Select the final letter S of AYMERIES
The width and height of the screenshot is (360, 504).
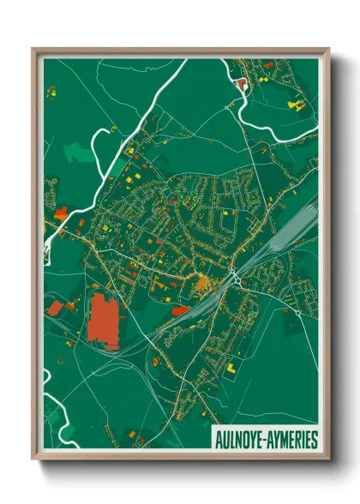click(x=314, y=440)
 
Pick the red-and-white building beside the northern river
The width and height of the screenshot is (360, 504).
click(x=241, y=84)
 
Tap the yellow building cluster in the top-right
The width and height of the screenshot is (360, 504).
click(x=296, y=105)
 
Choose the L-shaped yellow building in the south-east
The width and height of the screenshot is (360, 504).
click(x=231, y=366)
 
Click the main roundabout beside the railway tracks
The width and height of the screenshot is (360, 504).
click(x=233, y=277)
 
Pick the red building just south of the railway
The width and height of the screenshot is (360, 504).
click(x=181, y=309)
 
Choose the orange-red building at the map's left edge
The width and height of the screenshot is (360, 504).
click(x=61, y=213)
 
